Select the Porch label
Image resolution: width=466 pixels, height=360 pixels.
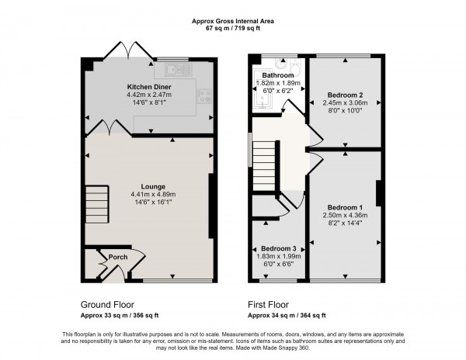(x=118, y=258)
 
